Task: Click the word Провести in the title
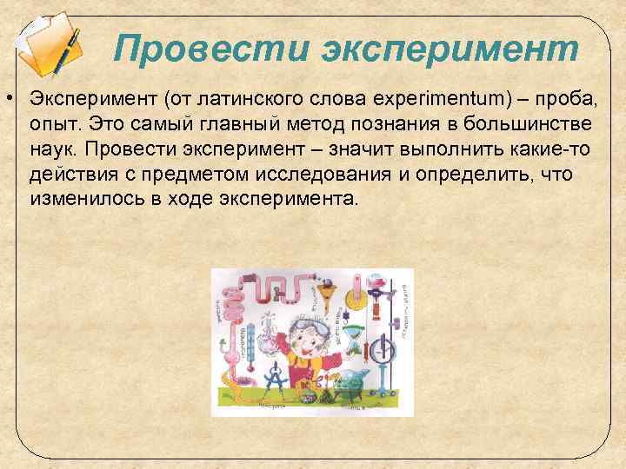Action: [207, 50]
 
